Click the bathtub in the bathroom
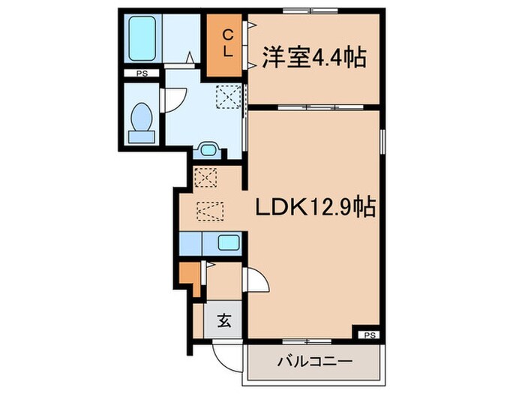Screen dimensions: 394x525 pyautogui.click(x=143, y=38)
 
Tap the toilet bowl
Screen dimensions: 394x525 pyautogui.click(x=140, y=120)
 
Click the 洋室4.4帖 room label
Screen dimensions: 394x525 pyautogui.click(x=314, y=58)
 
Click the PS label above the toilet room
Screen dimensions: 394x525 pyautogui.click(x=141, y=74)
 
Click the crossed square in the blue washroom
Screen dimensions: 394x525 pyautogui.click(x=227, y=97)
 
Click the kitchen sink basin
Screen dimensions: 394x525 pyautogui.click(x=227, y=242)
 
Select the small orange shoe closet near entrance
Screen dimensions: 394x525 pyautogui.click(x=191, y=275)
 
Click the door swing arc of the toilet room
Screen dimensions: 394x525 pyautogui.click(x=172, y=98)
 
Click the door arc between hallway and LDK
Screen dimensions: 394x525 pyautogui.click(x=256, y=283)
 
